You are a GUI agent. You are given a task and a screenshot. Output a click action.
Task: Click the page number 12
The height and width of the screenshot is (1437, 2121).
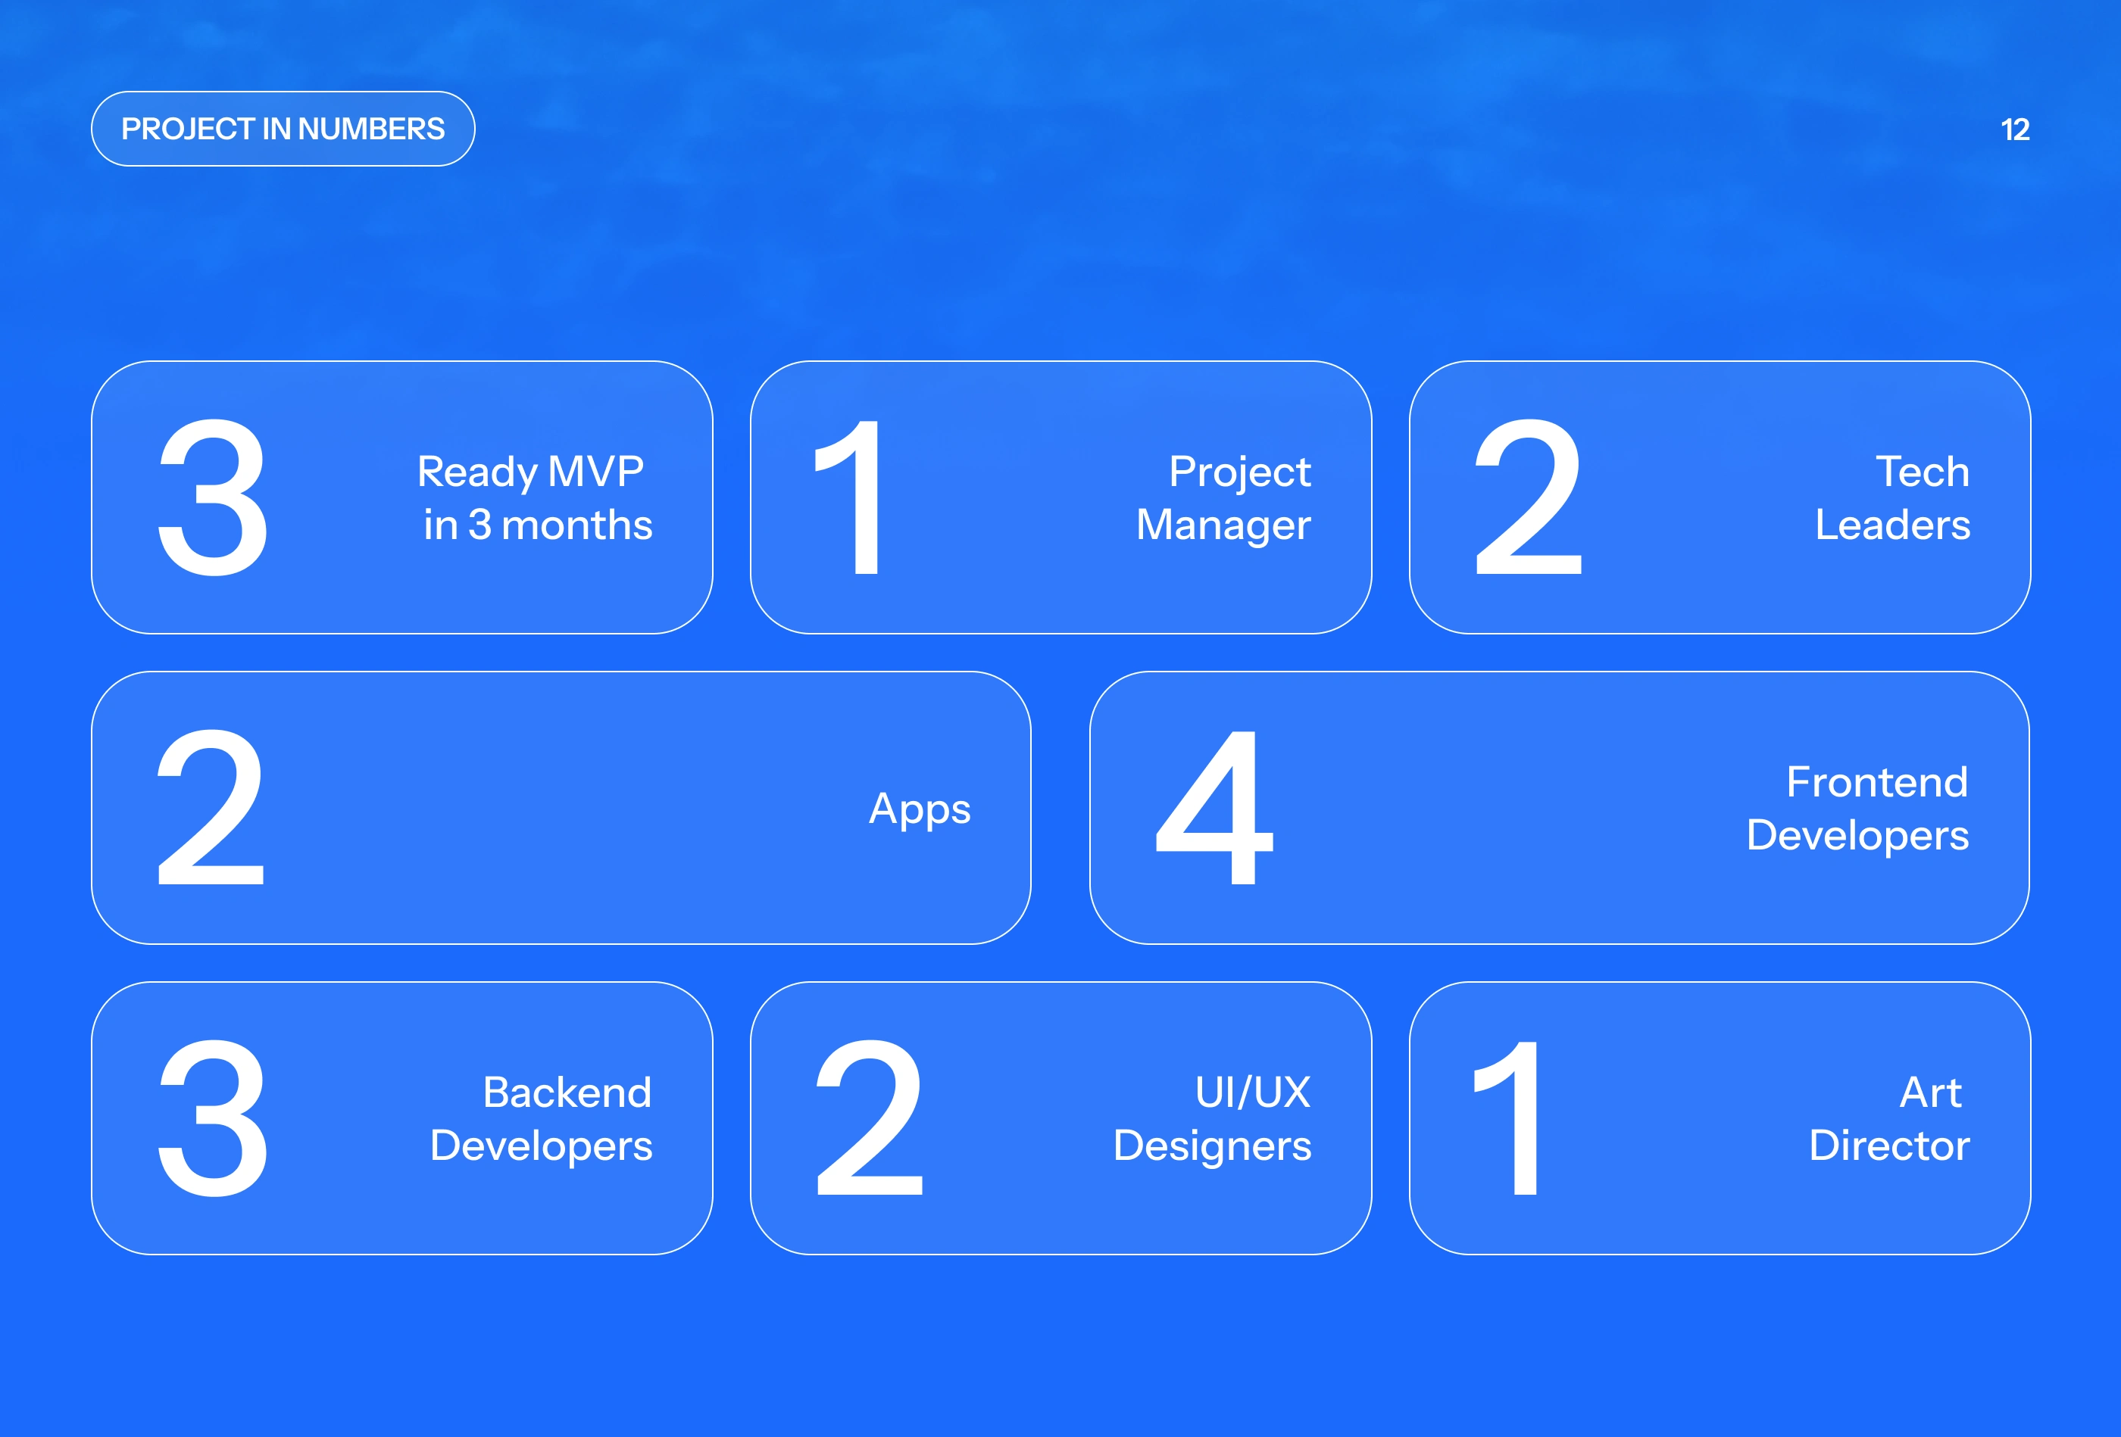[x=2015, y=129]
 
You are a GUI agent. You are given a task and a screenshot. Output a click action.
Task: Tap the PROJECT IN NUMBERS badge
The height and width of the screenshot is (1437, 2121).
[x=283, y=129]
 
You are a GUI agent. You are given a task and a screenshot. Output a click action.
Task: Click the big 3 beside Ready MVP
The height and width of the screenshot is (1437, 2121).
[x=214, y=497]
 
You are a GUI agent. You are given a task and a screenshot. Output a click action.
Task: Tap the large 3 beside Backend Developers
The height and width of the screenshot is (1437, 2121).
[x=214, y=1117]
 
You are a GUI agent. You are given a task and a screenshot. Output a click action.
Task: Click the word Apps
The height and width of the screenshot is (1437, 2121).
[x=919, y=809]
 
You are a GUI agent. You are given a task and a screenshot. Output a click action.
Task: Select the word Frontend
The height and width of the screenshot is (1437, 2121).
[x=1876, y=782]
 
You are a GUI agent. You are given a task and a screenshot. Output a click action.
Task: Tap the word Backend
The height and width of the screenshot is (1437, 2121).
[x=567, y=1092]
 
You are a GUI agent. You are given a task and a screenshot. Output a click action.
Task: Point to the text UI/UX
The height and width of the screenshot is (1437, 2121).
[x=1253, y=1092]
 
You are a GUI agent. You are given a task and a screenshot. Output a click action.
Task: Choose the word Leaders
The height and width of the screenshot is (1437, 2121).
[x=1893, y=525]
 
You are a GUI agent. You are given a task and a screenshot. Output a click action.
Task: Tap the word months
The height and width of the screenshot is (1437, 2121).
[x=576, y=525]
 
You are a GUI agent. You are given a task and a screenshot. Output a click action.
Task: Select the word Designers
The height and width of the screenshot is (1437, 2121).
[x=1212, y=1147]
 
